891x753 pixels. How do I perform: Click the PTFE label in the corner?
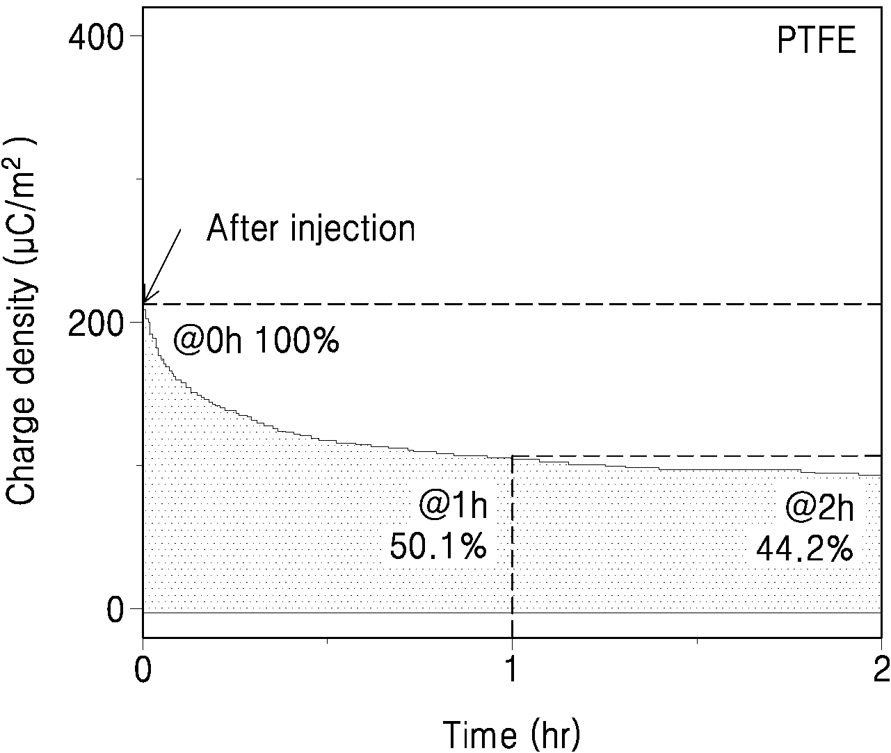click(x=816, y=52)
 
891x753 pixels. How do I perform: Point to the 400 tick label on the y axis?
click(x=96, y=38)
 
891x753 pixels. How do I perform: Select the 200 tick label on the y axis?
click(x=96, y=323)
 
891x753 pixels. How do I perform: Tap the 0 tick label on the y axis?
click(x=115, y=610)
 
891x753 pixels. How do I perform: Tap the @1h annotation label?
click(x=453, y=505)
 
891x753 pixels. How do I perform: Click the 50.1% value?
click(x=438, y=546)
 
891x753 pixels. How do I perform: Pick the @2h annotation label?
click(x=819, y=508)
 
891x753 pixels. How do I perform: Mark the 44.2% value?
click(x=804, y=549)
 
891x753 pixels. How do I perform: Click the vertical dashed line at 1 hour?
click(x=512, y=535)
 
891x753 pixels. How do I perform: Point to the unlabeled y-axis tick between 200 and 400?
click(x=139, y=179)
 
